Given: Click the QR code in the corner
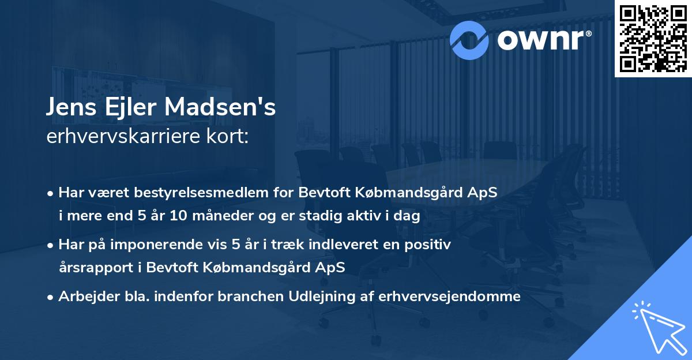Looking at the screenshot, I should [653, 39].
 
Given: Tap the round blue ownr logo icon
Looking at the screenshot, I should [470, 39].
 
